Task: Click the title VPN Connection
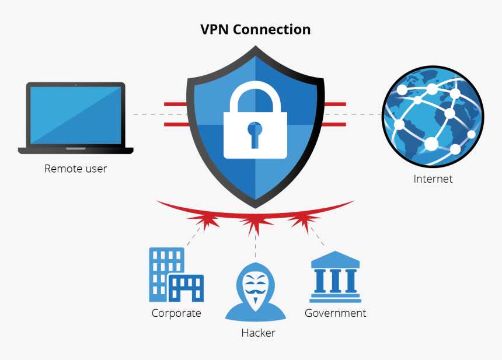click(x=255, y=29)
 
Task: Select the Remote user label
click(x=76, y=169)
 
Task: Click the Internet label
click(x=433, y=179)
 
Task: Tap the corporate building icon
click(x=176, y=274)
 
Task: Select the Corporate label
click(x=176, y=313)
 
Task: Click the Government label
click(x=335, y=313)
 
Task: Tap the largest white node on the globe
click(x=431, y=144)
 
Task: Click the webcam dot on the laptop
click(x=76, y=85)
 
